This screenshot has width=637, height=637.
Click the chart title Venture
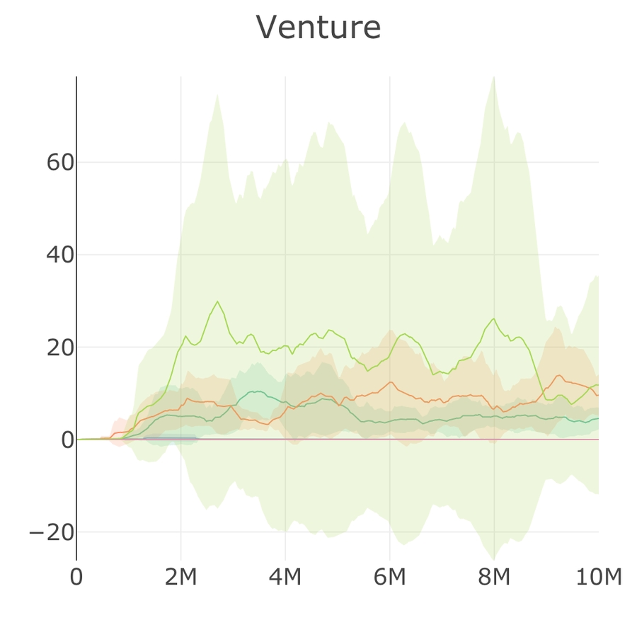pos(318,28)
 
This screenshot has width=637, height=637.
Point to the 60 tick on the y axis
pos(60,163)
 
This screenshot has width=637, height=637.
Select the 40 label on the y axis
pos(60,255)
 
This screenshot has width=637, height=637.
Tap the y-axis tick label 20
pos(60,348)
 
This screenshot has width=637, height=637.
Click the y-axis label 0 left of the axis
pos(67,440)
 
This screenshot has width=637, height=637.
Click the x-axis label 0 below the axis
pos(76,578)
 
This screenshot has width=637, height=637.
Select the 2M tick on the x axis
pos(180,578)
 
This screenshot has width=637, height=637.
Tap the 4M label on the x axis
pos(285,578)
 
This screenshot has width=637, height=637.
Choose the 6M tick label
pos(389,578)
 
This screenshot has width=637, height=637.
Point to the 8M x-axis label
pos(494,578)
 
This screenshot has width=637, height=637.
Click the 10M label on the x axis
pos(598,578)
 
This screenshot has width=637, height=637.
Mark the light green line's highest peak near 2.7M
pos(217,302)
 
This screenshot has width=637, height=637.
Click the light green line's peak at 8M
pos(494,318)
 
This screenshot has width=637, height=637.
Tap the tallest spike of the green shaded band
pos(494,77)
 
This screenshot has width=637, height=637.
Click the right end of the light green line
pos(598,385)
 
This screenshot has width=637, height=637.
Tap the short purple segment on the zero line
pos(170,439)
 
